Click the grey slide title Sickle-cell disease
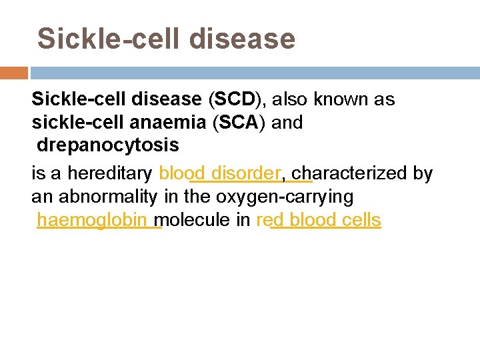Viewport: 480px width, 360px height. (166, 39)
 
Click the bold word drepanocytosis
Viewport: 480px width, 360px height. (108, 145)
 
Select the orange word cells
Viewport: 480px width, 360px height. (360, 221)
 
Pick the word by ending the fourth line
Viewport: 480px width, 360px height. (423, 174)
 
